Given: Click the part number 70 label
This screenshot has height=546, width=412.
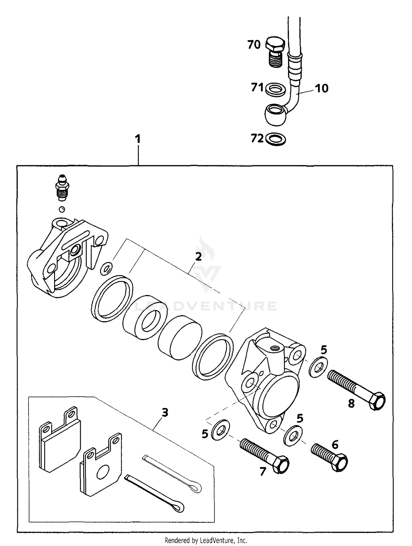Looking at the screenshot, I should click(254, 45).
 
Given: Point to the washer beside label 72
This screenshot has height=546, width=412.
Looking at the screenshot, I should click(276, 139).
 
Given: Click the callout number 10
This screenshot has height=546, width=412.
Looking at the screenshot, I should click(321, 89).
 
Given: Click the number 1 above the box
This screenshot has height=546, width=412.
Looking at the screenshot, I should click(138, 139).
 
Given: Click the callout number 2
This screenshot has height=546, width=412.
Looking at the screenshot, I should click(198, 257).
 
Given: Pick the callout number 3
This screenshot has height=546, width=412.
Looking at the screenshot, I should click(165, 412).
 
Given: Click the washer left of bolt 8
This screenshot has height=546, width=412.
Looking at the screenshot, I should click(319, 367).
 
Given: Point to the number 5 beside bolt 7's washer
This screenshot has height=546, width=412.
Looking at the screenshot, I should click(205, 434).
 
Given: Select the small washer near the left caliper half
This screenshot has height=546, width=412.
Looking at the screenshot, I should click(106, 269).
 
